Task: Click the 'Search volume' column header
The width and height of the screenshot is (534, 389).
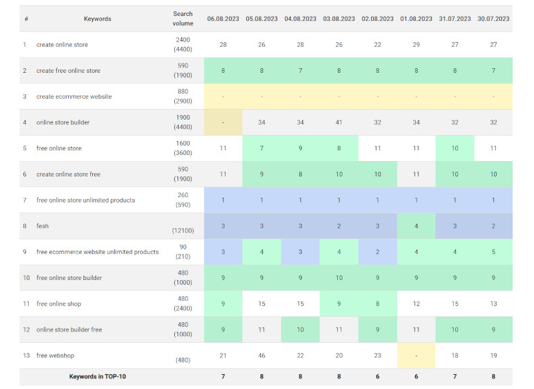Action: tap(182, 18)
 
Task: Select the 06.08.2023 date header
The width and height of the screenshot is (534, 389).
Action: tap(223, 19)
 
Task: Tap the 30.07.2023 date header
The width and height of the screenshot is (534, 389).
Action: tap(493, 19)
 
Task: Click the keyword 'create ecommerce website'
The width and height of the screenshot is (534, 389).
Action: tap(74, 96)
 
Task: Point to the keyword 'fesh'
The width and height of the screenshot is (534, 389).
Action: tap(43, 226)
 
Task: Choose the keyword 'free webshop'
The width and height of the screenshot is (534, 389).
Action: tap(56, 356)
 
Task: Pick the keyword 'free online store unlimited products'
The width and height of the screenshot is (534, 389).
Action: tap(85, 200)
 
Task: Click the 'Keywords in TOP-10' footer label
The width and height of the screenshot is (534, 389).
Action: tap(97, 376)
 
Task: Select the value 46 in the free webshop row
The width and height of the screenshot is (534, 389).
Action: tap(262, 356)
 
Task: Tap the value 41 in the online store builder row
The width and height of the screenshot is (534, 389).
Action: tap(339, 122)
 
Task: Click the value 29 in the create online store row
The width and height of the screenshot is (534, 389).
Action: tap(417, 44)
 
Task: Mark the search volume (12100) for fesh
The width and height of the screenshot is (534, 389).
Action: tap(182, 231)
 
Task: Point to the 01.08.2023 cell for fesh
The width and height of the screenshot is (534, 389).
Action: tap(417, 226)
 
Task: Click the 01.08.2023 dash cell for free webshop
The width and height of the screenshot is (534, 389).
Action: tap(417, 356)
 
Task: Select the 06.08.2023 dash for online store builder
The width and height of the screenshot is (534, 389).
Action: tap(223, 122)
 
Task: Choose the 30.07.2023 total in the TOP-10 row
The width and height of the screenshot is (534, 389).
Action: tap(493, 376)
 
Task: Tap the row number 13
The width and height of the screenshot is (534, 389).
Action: tap(26, 356)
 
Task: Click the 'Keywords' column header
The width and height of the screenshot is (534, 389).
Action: tap(97, 19)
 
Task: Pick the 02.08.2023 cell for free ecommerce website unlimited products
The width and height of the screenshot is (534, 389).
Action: tap(378, 252)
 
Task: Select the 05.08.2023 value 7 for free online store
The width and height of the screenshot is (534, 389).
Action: tap(262, 148)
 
